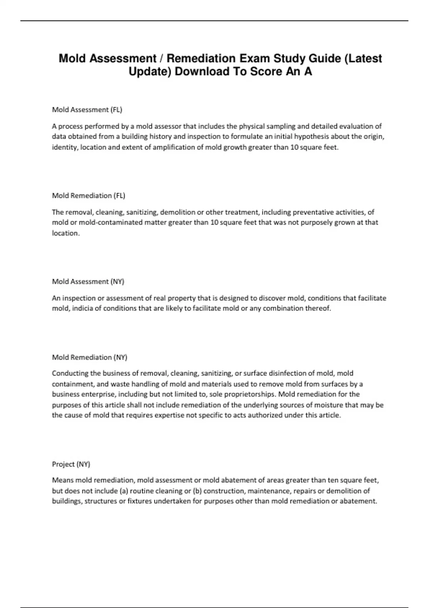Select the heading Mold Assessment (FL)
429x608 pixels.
point(87,110)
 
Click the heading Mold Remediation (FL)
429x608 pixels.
point(89,196)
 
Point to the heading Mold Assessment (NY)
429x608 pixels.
point(88,281)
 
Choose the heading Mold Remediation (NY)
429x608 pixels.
point(90,357)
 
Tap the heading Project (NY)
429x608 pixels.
point(71,464)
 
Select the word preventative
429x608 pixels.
point(313,212)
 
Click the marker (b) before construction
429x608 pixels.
point(197,491)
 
